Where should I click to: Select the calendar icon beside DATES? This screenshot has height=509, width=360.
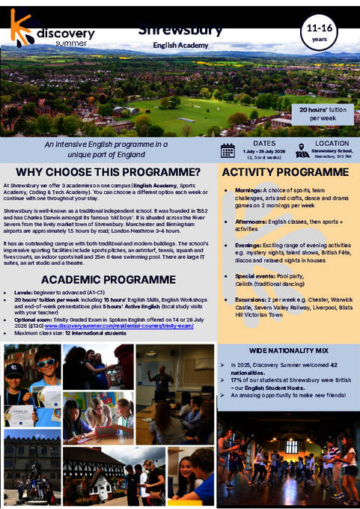(x=228, y=150)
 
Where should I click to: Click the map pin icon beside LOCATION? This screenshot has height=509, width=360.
(x=302, y=150)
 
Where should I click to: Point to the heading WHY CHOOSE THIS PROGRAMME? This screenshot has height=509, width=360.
(x=108, y=172)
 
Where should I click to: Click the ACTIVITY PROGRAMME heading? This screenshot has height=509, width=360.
(x=285, y=172)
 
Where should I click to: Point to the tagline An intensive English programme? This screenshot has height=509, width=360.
(x=106, y=148)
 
